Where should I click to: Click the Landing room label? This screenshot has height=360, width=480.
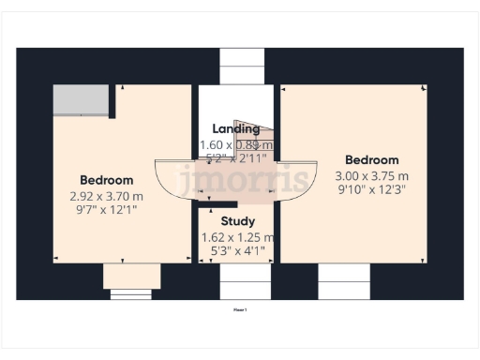235,129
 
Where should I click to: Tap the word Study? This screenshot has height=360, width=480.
236,221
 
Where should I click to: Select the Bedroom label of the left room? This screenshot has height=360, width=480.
106,180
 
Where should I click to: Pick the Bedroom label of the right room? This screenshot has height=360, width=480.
371,160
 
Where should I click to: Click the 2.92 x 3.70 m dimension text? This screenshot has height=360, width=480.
106,196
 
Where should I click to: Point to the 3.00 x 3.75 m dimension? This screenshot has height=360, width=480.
371,176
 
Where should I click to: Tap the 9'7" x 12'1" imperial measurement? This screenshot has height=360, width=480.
106,211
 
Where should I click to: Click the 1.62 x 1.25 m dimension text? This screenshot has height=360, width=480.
237,237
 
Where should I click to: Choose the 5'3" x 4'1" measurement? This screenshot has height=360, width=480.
236,252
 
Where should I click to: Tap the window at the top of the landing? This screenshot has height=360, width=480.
241,67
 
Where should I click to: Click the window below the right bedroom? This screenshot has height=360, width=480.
344,280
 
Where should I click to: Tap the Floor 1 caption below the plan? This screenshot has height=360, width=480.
240,307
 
